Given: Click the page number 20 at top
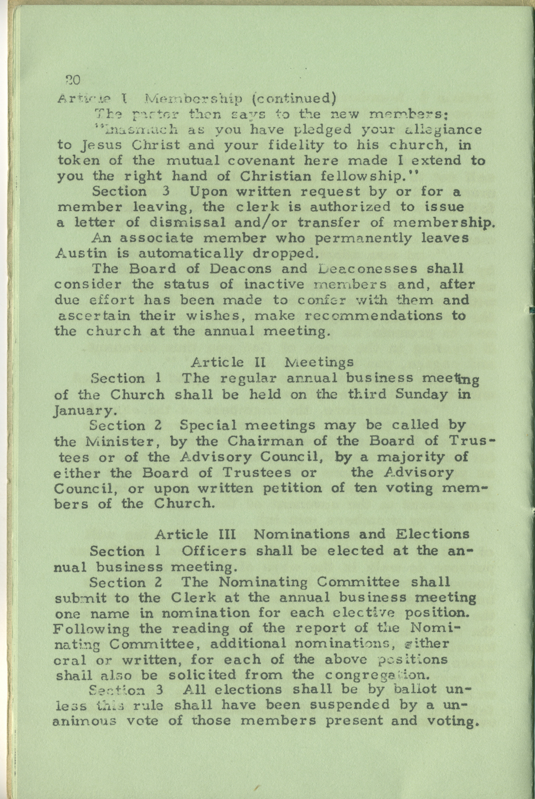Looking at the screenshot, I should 72,79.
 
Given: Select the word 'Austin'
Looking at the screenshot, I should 74,253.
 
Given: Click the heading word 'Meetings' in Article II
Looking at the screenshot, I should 319,362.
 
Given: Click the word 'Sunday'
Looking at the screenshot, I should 421,394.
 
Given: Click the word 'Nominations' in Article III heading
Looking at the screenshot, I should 302,534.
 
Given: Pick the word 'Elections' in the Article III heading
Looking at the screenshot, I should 432,534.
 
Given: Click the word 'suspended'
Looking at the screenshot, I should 350,705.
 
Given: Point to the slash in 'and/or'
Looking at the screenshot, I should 265,223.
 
